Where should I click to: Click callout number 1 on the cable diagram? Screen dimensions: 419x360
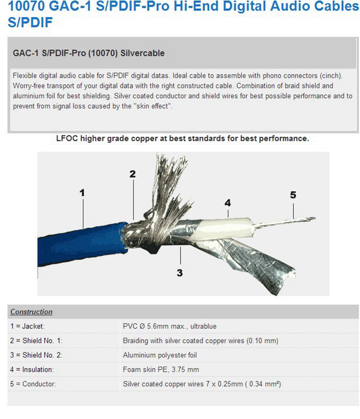pos(82,193)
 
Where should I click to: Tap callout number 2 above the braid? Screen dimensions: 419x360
pos(133,174)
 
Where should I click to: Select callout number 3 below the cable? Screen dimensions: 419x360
pos(179,273)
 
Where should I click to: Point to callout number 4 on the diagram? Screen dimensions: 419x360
pos(228,203)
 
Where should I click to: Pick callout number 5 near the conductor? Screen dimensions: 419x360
pos(293,195)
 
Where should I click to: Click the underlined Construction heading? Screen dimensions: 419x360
pos(31,312)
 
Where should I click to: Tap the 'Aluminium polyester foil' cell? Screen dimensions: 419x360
pos(159,355)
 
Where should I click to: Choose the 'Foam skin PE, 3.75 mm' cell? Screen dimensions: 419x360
pos(160,370)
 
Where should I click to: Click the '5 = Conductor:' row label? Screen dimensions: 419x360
pos(33,384)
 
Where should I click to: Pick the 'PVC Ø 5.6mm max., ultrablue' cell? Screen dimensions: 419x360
pos(169,326)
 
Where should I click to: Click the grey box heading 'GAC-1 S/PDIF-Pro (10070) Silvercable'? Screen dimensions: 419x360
pos(88,53)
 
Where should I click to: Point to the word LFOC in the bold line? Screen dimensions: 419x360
pos(65,139)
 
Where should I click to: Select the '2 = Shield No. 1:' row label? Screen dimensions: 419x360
pos(36,341)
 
